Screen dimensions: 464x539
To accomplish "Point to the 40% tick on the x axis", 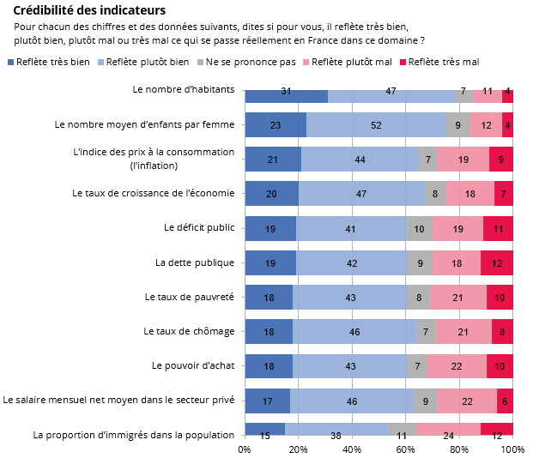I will (352, 449).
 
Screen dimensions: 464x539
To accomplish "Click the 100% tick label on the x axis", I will (512, 449).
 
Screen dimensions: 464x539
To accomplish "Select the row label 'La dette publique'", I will (195, 262).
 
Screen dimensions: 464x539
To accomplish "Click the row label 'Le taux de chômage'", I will (189, 331).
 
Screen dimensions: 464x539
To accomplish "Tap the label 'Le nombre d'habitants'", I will (184, 89).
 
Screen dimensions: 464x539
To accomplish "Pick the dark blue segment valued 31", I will (286, 91).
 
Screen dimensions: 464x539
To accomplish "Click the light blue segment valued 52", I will (376, 125).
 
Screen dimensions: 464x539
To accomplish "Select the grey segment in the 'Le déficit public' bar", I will (419, 228).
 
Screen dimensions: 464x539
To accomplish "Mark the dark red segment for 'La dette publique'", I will (497, 262).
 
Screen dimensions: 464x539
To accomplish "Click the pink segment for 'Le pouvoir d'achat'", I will (457, 365).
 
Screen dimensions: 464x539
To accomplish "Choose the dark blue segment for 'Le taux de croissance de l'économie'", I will (271, 194).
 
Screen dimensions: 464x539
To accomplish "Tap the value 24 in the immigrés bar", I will (448, 435).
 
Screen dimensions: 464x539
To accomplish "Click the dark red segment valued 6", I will (505, 400).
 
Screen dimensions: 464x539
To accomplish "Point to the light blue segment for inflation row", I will (360, 160).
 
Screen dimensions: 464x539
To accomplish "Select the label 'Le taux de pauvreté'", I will (190, 297).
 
